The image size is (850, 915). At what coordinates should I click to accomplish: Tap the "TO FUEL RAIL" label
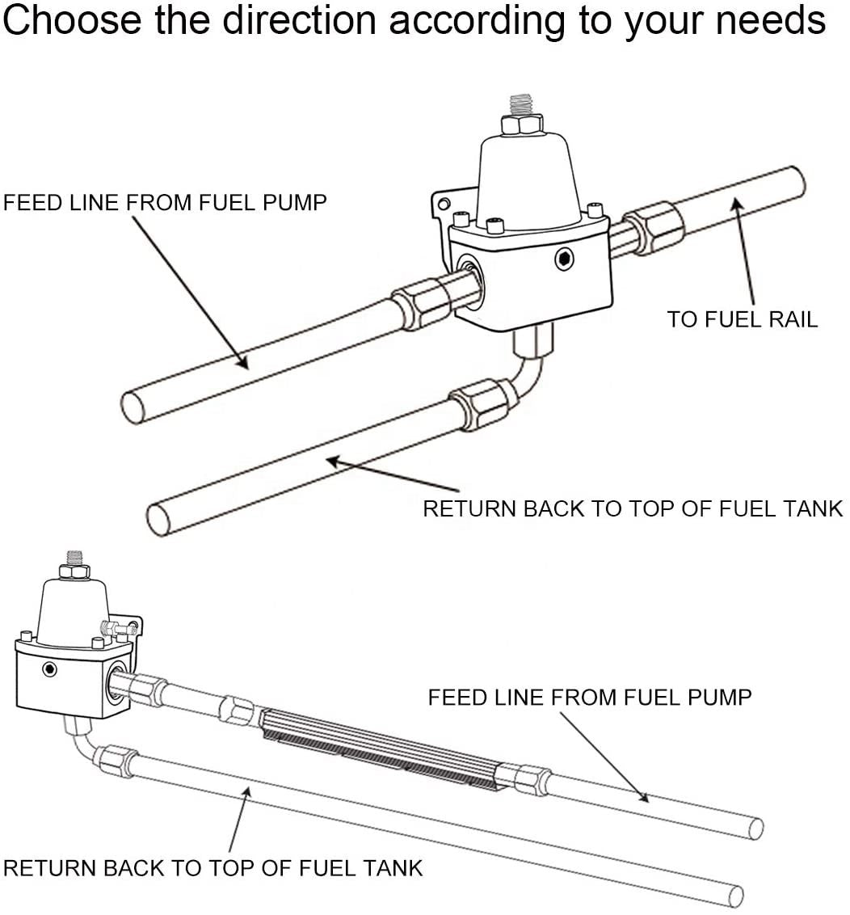point(742,318)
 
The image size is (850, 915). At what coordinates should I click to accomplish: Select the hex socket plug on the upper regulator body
point(564,259)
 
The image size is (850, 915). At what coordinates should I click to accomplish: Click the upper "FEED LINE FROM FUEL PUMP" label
point(165,202)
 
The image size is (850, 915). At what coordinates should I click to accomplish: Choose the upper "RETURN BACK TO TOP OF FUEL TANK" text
point(633,508)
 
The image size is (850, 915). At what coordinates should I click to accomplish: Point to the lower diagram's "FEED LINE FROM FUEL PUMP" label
point(590,697)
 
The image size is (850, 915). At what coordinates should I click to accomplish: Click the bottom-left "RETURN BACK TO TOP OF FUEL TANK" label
point(213,869)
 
